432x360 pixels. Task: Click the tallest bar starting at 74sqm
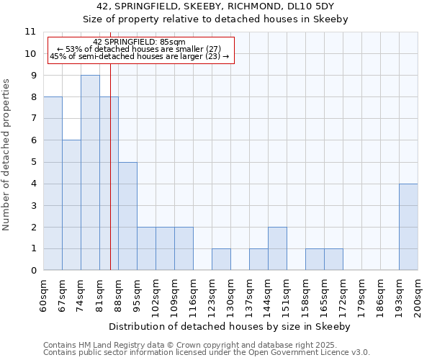pos(90,173)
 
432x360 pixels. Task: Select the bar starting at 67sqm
pos(71,205)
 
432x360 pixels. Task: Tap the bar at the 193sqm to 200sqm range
pos(408,227)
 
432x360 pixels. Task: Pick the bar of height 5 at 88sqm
pos(127,216)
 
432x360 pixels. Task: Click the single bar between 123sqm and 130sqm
pos(221,260)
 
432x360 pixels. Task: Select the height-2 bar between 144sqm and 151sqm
pos(277,249)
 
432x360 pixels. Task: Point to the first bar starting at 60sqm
pos(53,184)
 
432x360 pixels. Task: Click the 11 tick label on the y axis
pos(30,32)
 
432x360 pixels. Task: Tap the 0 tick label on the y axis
pos(33,271)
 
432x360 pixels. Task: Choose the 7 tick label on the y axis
pos(33,119)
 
